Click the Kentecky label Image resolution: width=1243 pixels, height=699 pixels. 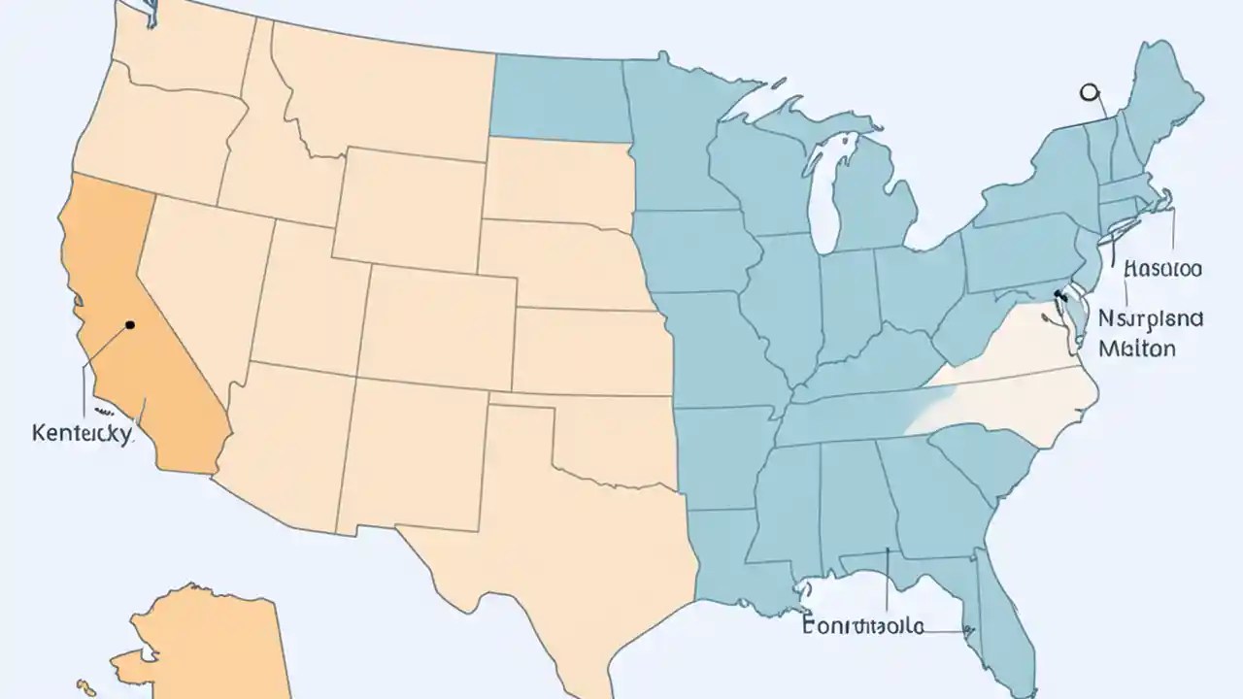[x=81, y=433]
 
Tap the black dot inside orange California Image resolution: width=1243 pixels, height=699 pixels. [x=130, y=325]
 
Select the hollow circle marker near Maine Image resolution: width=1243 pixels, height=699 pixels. [x=1089, y=92]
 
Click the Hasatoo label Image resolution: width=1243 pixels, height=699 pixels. [x=1161, y=269]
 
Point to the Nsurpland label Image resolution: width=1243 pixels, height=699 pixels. [x=1152, y=318]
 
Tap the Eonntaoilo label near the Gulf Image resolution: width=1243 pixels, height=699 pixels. [x=862, y=626]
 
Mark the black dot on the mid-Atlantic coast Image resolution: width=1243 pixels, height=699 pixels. [x=1058, y=293]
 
